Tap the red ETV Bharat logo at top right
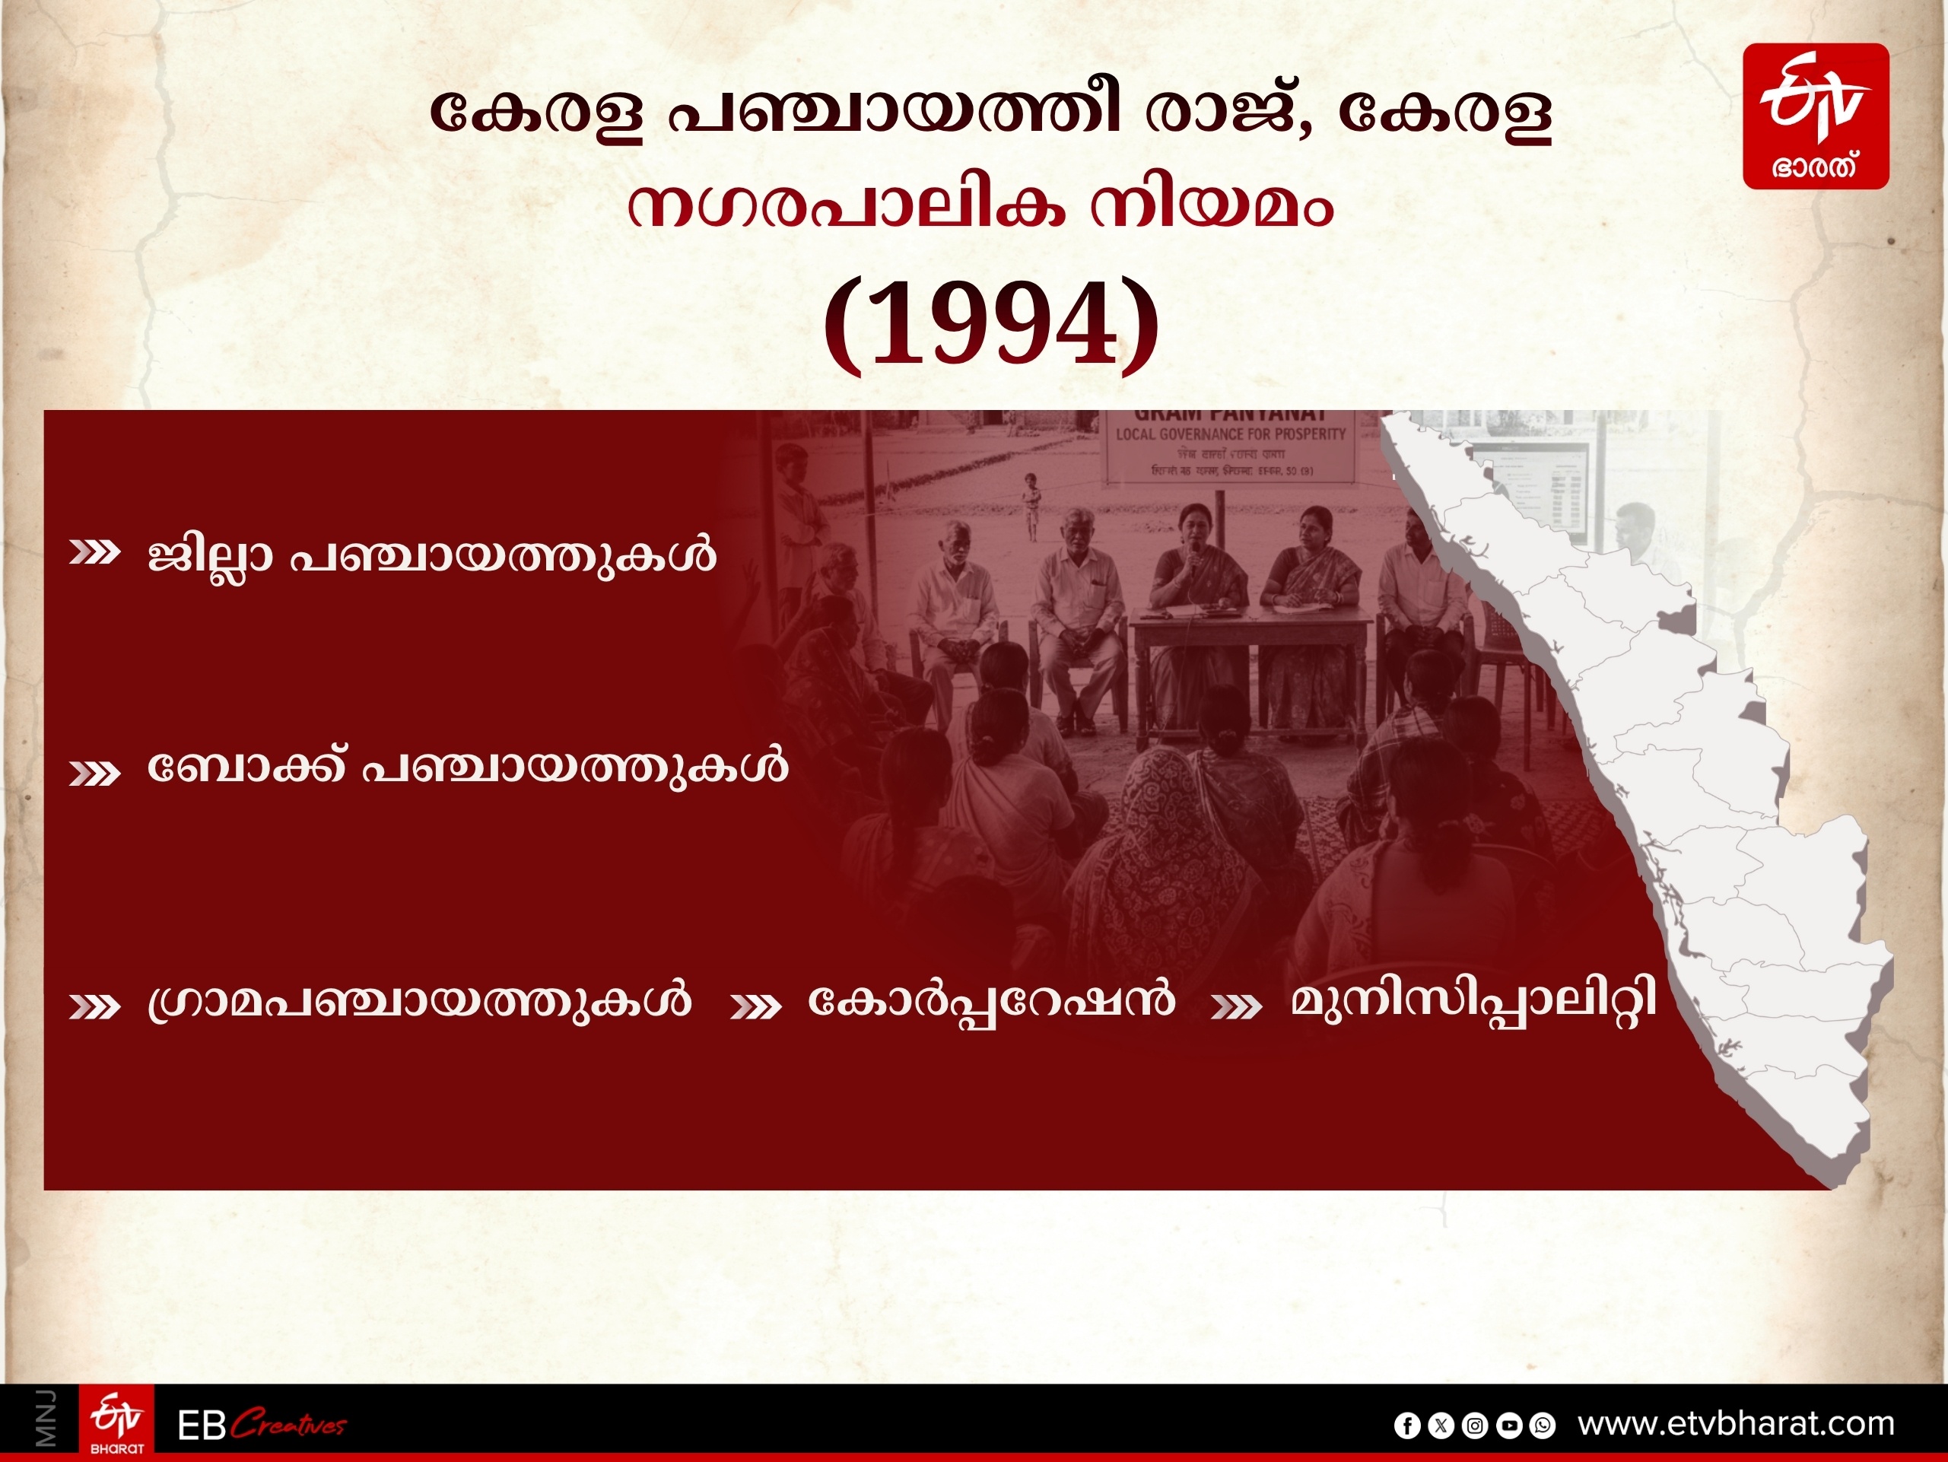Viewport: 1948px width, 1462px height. (1816, 116)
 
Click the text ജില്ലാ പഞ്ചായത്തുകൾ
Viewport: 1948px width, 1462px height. (431, 555)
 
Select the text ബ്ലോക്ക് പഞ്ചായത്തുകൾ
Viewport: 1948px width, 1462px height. (467, 766)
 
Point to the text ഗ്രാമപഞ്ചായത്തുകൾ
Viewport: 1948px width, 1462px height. (419, 1001)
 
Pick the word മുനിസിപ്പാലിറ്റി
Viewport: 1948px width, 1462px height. (1473, 1001)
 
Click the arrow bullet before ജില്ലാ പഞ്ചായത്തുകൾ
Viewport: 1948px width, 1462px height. (94, 553)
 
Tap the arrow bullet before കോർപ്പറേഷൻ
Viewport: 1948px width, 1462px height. (755, 1006)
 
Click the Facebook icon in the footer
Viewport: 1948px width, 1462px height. (1407, 1425)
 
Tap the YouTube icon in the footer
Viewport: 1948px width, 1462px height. (1508, 1425)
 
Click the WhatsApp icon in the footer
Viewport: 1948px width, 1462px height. (1542, 1425)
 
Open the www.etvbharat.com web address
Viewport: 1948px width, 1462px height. (1736, 1423)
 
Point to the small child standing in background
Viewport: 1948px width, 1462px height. (1031, 504)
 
